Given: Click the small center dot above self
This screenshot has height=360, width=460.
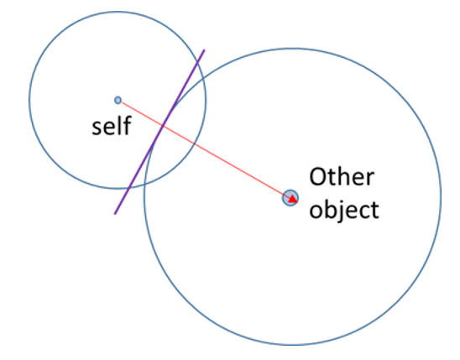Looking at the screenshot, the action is tap(118, 100).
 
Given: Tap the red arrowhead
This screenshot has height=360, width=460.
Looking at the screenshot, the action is tap(293, 199).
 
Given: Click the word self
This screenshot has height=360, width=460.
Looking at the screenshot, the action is tap(112, 126).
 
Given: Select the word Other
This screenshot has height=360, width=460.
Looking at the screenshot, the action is tap(342, 176).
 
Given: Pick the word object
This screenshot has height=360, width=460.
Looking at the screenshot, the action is tap(344, 210).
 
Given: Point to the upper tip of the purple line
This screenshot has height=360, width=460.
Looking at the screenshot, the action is tap(204, 50).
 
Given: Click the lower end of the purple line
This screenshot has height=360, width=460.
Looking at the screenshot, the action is tap(115, 214).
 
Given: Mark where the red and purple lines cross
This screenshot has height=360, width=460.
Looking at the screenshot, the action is tap(162, 126).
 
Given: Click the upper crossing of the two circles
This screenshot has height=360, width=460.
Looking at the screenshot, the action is tap(203, 79).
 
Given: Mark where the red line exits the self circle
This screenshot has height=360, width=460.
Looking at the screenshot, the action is tap(195, 144).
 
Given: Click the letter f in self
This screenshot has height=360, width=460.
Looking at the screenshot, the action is tap(127, 125).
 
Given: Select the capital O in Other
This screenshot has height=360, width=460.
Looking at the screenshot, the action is tap(318, 177).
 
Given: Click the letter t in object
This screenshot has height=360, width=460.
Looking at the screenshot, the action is tap(374, 210).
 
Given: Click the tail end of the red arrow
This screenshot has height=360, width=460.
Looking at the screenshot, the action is tap(122, 102).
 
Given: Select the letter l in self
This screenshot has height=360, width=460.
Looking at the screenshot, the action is tap(119, 126).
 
